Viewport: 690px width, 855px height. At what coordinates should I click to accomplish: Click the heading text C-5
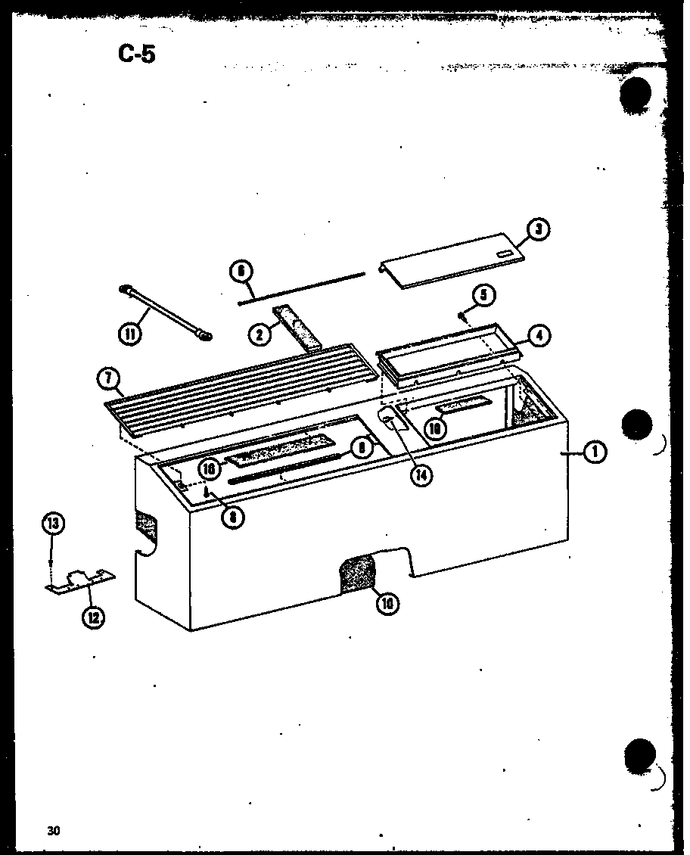(x=136, y=54)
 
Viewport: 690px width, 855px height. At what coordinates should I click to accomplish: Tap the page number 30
(x=52, y=831)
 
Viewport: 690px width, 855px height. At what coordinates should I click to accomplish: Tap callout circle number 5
(x=484, y=294)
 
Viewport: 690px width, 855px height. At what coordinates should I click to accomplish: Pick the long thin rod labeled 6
(x=303, y=289)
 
